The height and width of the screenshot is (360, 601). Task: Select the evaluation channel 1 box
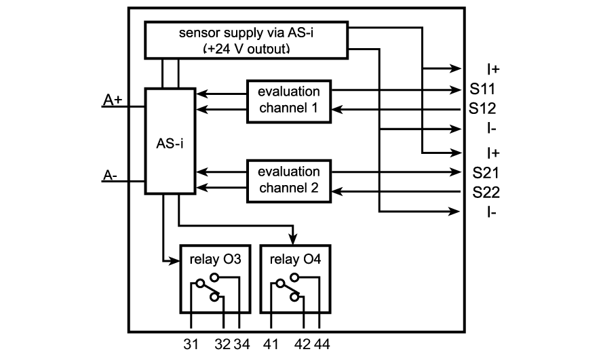[x=288, y=101]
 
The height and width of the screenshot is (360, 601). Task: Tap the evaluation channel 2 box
[x=288, y=180]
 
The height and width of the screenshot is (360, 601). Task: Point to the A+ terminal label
[x=113, y=100]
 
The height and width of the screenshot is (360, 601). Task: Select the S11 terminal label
[x=482, y=89]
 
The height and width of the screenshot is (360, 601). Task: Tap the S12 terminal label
[x=482, y=108]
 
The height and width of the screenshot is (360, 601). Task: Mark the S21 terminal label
[x=486, y=172]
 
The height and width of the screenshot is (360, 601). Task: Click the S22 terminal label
[x=486, y=192]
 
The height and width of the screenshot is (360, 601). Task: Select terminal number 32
[x=222, y=345]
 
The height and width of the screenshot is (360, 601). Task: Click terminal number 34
[x=241, y=345]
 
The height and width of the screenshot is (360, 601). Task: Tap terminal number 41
[x=270, y=345]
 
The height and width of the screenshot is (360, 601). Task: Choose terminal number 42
[x=303, y=345]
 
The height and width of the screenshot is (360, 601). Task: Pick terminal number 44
[x=322, y=345]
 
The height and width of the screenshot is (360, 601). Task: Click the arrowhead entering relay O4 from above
[x=294, y=237]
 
